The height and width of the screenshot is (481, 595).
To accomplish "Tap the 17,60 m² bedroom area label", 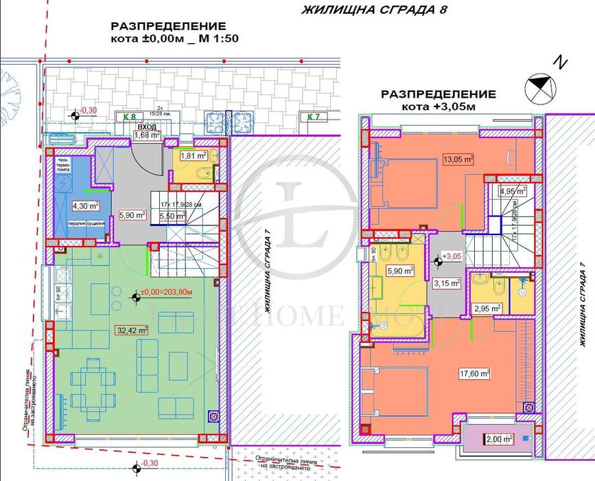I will click(x=475, y=374).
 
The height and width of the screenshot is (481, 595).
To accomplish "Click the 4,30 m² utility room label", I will click(x=86, y=205).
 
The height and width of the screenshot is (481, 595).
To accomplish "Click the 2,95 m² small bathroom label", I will click(x=487, y=309).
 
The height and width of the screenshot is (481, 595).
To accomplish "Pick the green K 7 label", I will click(x=313, y=117).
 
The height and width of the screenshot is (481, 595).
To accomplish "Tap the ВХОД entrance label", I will click(x=145, y=127).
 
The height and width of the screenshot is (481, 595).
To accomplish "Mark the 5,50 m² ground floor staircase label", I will click(x=172, y=215).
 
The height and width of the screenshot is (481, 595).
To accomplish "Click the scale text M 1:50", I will click(x=219, y=39).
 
